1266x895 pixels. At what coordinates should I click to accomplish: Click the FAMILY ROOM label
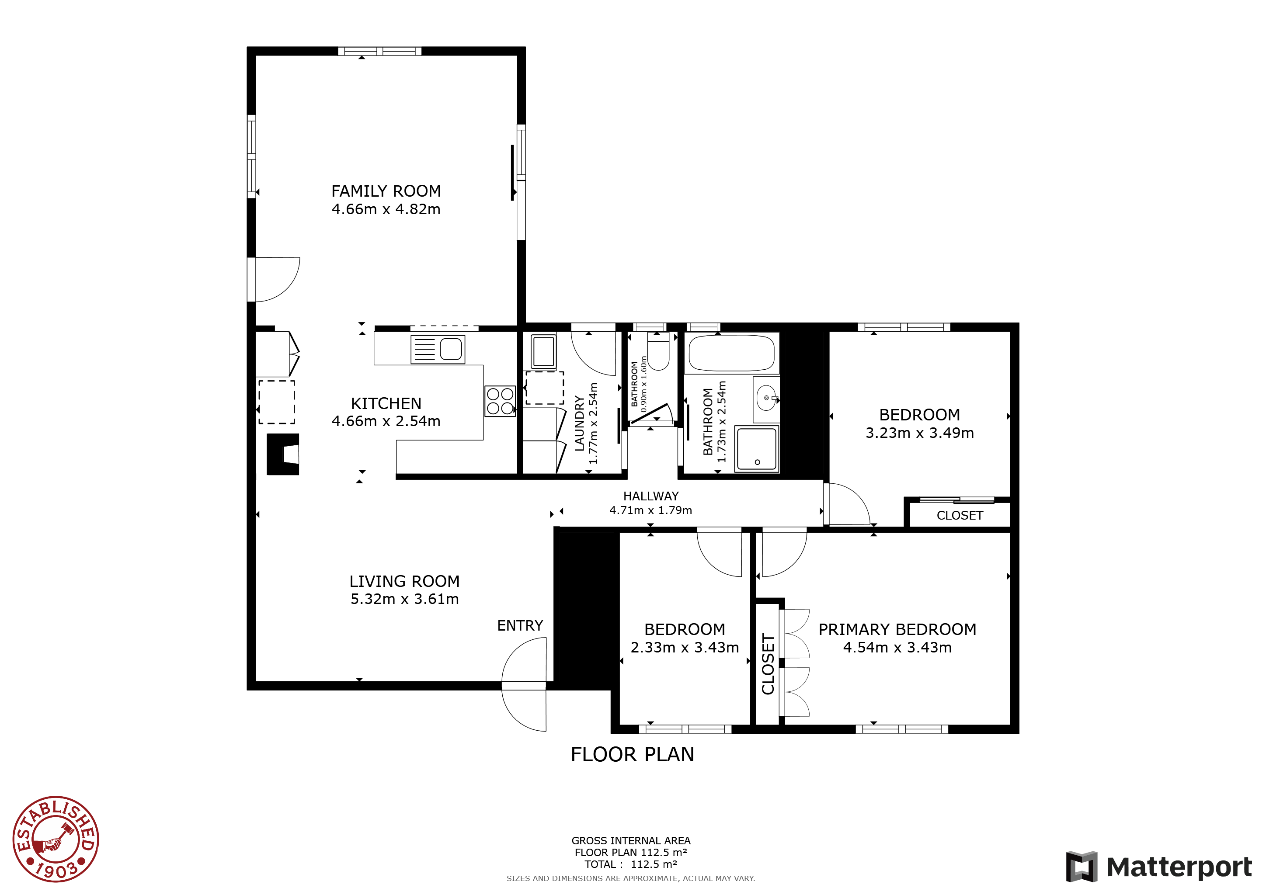(386, 191)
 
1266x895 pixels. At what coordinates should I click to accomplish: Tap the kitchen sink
(438, 350)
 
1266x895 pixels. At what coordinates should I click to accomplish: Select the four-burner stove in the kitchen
(500, 401)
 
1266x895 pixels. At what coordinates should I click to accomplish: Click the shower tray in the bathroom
(757, 449)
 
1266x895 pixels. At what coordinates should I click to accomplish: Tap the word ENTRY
(520, 625)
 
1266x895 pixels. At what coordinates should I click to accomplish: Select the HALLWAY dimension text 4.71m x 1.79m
(650, 510)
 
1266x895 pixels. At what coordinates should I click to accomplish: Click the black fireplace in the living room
(283, 454)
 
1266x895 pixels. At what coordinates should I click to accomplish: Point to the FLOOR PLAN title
(633, 754)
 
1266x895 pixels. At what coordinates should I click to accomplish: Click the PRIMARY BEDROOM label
(897, 629)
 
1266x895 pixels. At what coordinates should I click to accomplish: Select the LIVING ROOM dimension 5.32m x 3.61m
(405, 599)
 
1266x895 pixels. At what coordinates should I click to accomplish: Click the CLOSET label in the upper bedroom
(960, 516)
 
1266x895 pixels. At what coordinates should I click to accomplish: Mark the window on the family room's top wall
(379, 51)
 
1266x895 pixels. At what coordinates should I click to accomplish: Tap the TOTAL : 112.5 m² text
(631, 864)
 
